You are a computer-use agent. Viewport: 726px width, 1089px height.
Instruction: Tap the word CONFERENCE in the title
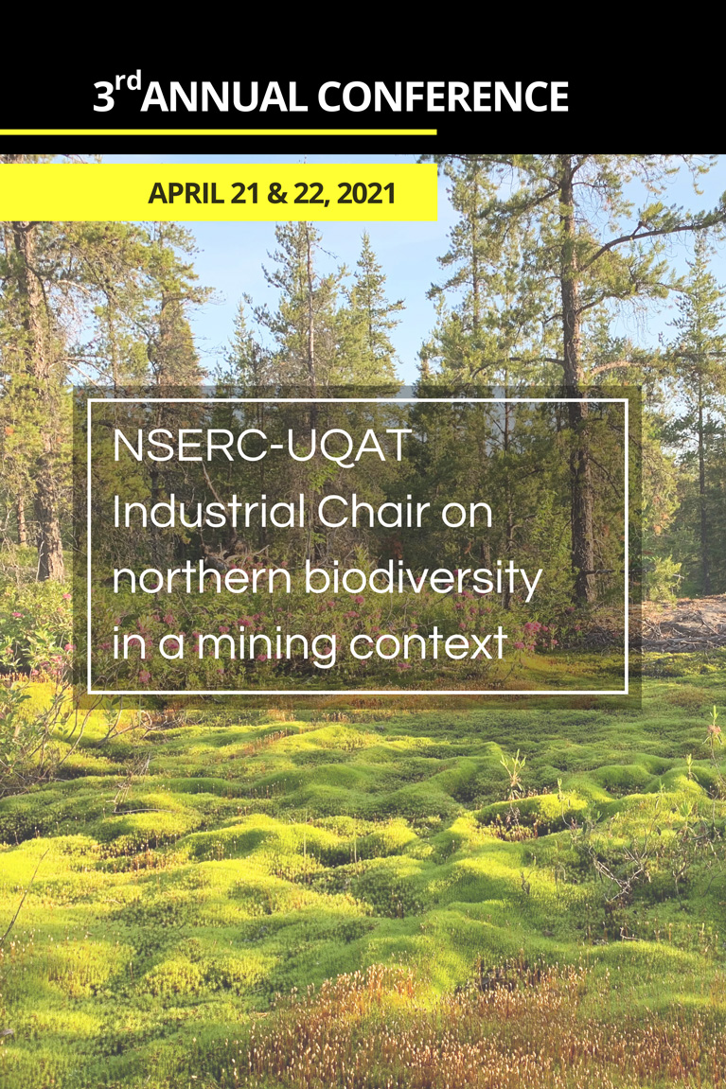[443, 97]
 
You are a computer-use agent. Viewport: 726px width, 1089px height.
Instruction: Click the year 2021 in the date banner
[365, 193]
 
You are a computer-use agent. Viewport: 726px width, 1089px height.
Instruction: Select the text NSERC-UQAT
[261, 447]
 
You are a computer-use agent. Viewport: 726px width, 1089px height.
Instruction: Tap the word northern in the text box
[202, 578]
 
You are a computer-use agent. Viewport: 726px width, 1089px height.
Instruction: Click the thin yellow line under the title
[218, 132]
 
